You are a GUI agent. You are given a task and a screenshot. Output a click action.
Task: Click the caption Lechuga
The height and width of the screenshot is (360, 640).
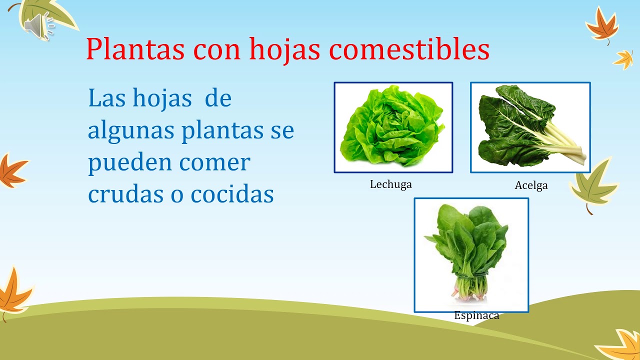390,184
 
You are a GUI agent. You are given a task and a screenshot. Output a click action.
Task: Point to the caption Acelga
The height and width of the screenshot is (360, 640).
531,185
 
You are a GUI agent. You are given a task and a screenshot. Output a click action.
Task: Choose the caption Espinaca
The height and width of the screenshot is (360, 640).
476,315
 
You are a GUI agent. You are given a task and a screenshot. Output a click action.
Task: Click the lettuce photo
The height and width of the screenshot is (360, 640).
393,127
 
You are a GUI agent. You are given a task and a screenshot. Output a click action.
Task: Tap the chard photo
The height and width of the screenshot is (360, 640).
530,127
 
